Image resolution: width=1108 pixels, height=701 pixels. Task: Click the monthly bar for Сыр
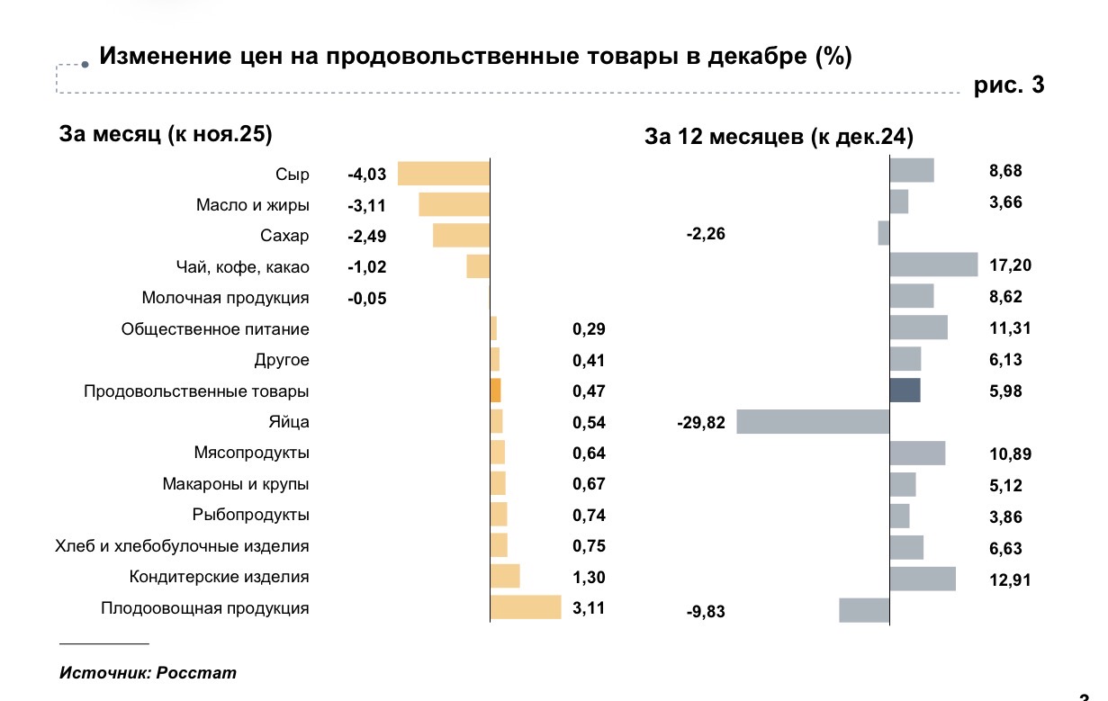point(444,174)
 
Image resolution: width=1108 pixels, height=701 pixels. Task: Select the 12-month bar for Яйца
point(813,422)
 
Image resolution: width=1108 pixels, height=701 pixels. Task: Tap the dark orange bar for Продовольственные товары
point(495,391)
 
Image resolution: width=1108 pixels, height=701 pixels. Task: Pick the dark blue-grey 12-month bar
point(905,391)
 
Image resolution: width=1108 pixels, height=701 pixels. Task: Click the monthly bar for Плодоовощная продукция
point(526,607)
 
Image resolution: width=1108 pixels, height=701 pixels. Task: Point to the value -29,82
point(700,423)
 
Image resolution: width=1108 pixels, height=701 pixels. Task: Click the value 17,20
point(1009,265)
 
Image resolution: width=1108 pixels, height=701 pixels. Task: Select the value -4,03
point(366,175)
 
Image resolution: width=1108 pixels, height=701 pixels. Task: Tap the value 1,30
point(589,578)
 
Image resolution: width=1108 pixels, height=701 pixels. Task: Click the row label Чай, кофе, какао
point(242,267)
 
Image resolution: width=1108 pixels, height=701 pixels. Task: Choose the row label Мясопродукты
point(251,453)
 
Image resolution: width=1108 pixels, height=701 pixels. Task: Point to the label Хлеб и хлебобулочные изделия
point(182,546)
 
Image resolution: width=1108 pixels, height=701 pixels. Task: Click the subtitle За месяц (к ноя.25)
point(165,134)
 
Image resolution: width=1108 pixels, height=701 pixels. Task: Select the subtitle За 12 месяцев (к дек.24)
point(779,137)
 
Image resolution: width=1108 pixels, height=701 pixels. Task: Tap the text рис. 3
point(1009,86)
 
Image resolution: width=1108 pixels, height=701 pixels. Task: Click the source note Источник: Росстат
point(149,672)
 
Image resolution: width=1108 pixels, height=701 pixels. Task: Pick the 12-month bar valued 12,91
point(923,578)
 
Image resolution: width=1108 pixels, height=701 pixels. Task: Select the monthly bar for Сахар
point(461,236)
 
